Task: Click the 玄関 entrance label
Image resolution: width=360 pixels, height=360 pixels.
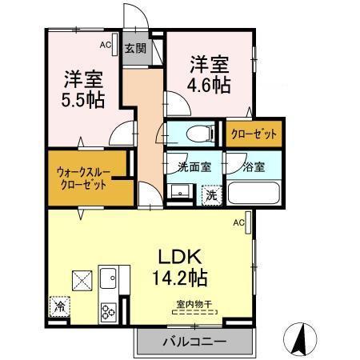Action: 134,48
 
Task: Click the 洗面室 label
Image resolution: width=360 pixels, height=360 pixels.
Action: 194,168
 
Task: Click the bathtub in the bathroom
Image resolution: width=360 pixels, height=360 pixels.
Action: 253,193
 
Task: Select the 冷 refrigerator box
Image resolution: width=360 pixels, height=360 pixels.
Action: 58,306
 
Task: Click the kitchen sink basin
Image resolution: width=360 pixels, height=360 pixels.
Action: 108,279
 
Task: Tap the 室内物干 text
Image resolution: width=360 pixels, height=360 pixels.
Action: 192,304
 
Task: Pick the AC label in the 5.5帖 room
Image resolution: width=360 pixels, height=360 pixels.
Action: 106,46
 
